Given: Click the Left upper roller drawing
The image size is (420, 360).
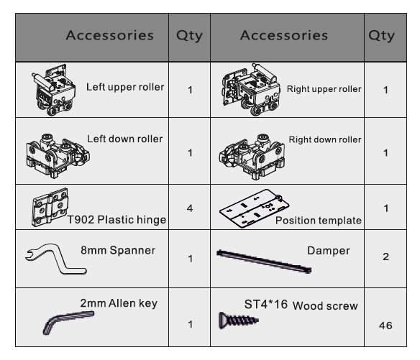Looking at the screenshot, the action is click(53, 90).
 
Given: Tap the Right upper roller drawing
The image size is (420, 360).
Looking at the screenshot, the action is click(251, 90).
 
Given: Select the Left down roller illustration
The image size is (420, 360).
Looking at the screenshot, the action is click(58, 156).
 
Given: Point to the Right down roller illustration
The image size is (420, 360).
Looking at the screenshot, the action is click(252, 157).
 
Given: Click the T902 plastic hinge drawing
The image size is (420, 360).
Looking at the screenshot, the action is click(50, 207).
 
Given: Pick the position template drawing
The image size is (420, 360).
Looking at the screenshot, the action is click(254, 209).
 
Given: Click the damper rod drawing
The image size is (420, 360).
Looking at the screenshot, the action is click(264, 262).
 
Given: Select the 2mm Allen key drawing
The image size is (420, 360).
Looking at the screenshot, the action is click(68, 322).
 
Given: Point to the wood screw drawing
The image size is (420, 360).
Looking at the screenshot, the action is click(238, 320).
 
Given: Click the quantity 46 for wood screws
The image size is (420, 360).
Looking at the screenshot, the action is click(385, 326).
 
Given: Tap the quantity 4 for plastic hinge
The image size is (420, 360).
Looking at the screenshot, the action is click(190, 208).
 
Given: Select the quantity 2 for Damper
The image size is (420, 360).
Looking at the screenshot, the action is click(385, 257).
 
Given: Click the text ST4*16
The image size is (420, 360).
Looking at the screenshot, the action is click(265, 305).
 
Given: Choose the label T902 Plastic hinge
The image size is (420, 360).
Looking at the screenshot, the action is click(117, 220).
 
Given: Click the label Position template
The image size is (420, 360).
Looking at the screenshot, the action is click(319, 221).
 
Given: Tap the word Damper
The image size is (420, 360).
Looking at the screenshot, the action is click(329, 251).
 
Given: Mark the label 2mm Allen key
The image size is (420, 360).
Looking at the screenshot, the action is click(119, 303).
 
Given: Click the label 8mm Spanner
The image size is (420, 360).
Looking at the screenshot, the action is click(118, 250).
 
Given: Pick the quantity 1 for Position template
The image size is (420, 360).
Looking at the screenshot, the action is click(385, 208).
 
